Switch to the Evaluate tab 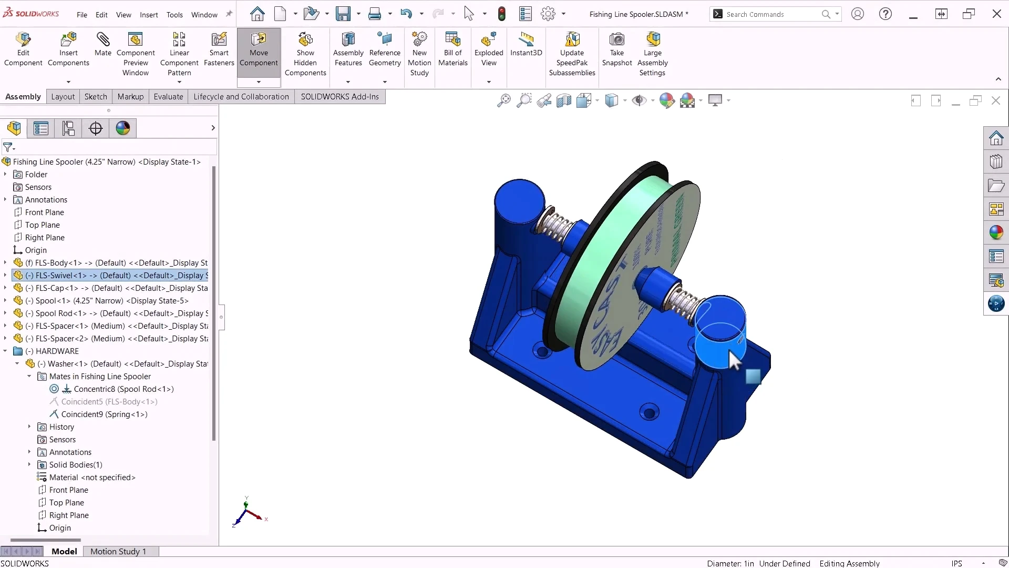click(x=168, y=97)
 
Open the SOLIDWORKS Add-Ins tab click(x=339, y=97)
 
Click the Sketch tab click(x=96, y=97)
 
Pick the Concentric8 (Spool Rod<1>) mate click(x=123, y=389)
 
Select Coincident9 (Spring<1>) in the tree click(x=104, y=414)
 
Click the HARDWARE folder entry click(x=57, y=351)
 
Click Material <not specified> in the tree click(x=92, y=478)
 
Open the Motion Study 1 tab click(x=118, y=551)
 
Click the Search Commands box click(x=770, y=14)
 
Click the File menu click(x=82, y=15)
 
